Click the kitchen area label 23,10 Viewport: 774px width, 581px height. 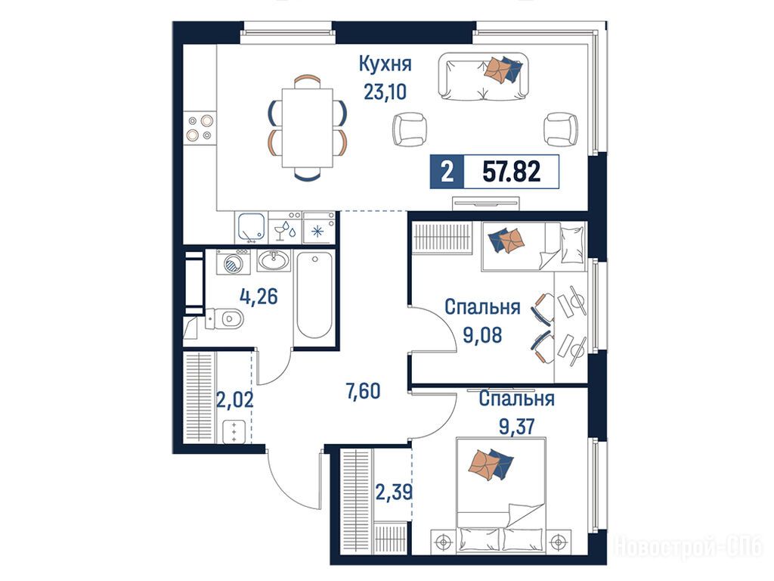click(x=385, y=92)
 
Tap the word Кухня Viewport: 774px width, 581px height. click(x=385, y=64)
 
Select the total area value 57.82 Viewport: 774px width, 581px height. click(x=512, y=172)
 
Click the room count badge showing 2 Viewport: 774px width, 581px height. click(x=447, y=172)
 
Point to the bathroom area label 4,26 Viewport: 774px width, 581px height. click(x=259, y=297)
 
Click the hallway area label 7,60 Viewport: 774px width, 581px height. click(x=364, y=391)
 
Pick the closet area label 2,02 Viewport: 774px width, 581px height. click(x=235, y=399)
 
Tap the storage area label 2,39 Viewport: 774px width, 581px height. click(x=394, y=492)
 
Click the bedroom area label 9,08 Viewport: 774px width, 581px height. click(x=482, y=335)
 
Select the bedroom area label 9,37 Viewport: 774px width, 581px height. click(x=517, y=425)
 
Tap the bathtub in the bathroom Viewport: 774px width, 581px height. click(x=314, y=296)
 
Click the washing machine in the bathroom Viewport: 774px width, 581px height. click(x=233, y=262)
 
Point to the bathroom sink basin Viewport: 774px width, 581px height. click(x=274, y=260)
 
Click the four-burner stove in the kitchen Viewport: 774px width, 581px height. click(x=200, y=127)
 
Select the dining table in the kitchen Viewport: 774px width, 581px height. click(x=307, y=128)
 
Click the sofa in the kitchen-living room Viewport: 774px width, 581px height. click(x=483, y=76)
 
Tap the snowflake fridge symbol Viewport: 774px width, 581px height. click(x=318, y=231)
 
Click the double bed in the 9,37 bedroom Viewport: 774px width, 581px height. click(x=502, y=494)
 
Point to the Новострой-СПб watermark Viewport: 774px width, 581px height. click(x=689, y=546)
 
